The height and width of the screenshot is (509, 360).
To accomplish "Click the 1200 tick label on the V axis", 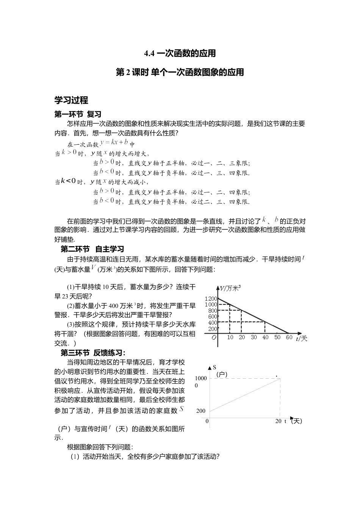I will click(x=211, y=299).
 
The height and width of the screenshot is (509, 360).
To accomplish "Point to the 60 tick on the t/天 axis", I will click(x=289, y=337).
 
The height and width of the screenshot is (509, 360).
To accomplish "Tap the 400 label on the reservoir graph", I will click(x=213, y=323).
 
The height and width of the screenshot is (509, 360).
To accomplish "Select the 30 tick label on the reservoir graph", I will click(x=254, y=337).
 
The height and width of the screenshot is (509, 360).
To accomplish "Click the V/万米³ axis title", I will click(x=230, y=289).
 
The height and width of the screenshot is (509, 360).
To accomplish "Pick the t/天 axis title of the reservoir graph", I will click(x=302, y=338).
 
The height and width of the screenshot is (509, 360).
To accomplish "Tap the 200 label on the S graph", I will click(x=201, y=411).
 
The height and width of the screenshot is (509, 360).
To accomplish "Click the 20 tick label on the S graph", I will click(x=279, y=421).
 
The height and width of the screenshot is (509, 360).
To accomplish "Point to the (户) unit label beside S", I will click(x=222, y=375).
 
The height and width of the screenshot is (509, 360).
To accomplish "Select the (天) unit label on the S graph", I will click(x=296, y=421).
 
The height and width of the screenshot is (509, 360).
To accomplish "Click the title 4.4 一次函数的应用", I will click(x=180, y=53).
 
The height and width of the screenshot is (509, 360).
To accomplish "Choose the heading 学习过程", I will click(x=71, y=100).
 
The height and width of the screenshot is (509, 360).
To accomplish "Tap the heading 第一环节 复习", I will click(x=78, y=114).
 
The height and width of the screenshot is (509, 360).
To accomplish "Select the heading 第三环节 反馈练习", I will click(x=93, y=353).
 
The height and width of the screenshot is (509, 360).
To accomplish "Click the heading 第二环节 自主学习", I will click(x=92, y=249).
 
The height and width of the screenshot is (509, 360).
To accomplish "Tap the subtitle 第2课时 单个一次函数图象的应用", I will click(x=180, y=72).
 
